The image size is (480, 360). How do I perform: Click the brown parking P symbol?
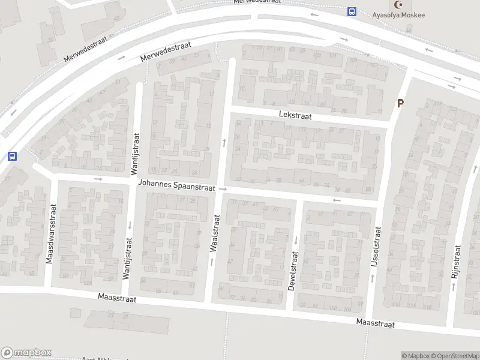400,103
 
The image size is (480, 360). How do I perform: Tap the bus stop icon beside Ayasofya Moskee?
352,11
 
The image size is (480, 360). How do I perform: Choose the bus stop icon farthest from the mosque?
11,156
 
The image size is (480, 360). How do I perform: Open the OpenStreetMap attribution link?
455,356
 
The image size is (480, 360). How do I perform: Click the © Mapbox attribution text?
415,356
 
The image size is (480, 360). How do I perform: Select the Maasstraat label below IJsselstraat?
375,323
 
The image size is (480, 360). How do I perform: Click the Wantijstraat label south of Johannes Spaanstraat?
127,258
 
